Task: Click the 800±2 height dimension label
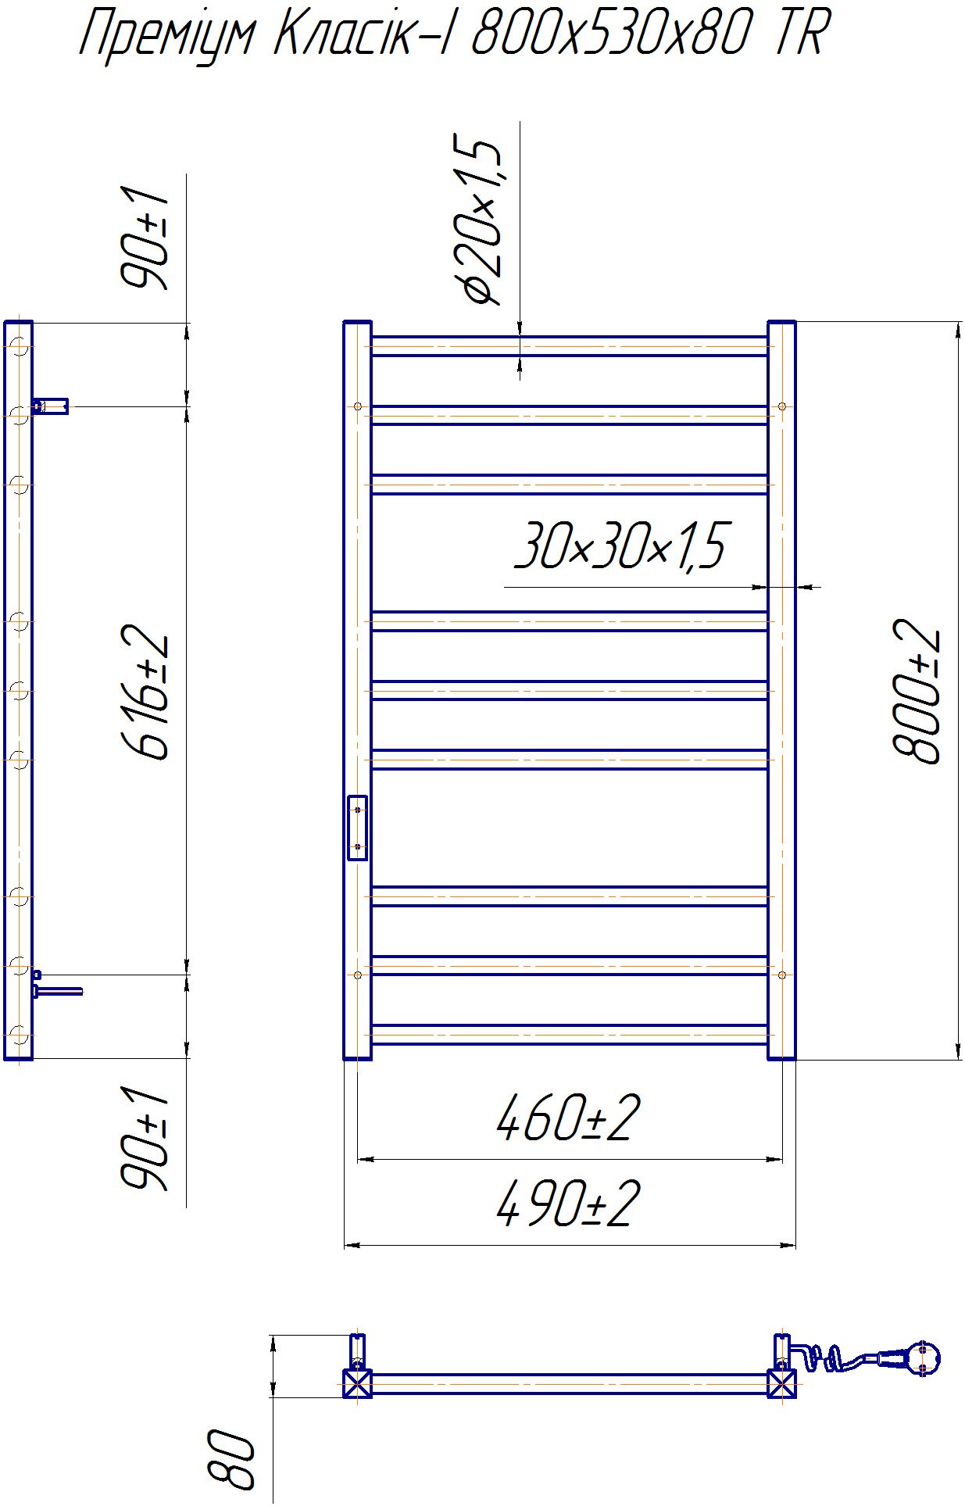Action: [x=917, y=691]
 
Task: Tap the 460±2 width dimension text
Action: [x=568, y=1118]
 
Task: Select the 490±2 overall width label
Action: [x=568, y=1204]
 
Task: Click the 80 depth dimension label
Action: [x=232, y=1458]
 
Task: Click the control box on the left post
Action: [x=357, y=828]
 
